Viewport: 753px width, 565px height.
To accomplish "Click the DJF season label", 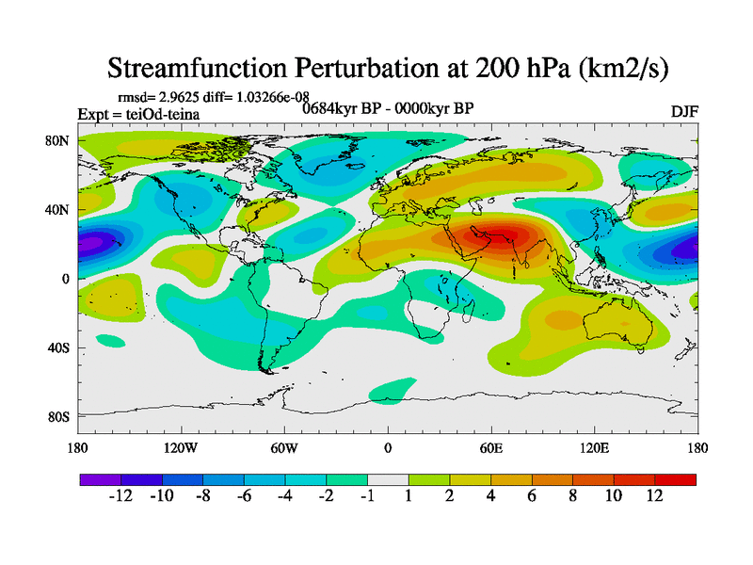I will coord(683,111).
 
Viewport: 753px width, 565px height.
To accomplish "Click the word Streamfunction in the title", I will coord(208,68).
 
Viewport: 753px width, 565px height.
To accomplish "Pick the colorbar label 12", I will coord(655,496).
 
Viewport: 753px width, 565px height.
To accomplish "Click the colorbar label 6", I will coord(532,496).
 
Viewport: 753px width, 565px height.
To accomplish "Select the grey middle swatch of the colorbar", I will coord(388,479).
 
